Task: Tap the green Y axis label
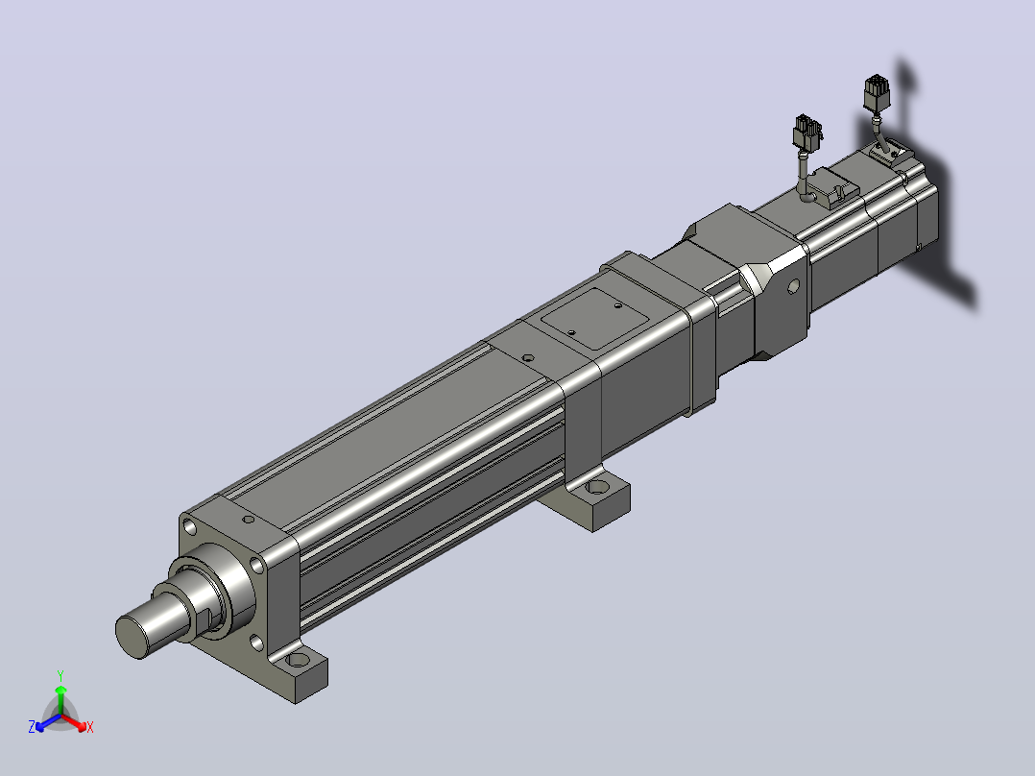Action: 60,675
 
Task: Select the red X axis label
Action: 90,727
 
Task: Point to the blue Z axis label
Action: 32,727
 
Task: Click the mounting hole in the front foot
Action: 299,659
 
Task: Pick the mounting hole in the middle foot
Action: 597,487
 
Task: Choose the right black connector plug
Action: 877,93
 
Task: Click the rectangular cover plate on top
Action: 594,318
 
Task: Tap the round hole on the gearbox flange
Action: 793,286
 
